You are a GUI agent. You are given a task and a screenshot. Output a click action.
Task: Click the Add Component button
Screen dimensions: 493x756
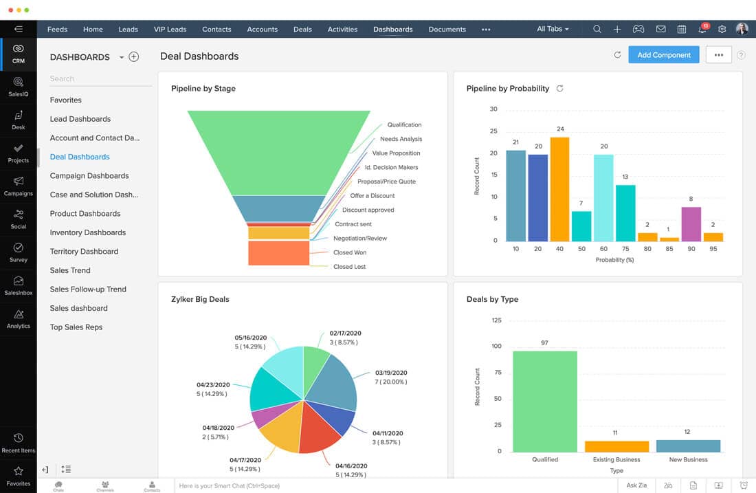click(663, 55)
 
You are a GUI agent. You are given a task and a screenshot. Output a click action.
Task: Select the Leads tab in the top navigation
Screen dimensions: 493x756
click(128, 30)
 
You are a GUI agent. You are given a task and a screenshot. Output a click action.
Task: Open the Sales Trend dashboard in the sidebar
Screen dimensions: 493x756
click(70, 270)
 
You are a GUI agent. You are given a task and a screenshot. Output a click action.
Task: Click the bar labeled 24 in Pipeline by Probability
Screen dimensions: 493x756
click(560, 189)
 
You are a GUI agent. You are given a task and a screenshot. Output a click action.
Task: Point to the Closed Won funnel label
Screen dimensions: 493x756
click(350, 252)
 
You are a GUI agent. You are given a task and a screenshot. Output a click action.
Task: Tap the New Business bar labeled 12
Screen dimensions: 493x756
click(688, 446)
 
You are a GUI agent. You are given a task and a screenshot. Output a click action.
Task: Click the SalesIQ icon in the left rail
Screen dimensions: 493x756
click(19, 87)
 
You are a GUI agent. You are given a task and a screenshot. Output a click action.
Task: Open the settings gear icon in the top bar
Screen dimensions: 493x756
click(722, 30)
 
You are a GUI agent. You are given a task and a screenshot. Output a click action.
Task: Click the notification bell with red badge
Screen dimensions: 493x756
click(702, 30)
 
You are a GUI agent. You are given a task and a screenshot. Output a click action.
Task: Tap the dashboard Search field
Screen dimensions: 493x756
click(100, 79)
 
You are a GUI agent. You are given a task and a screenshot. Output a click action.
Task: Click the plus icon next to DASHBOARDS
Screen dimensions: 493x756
click(134, 57)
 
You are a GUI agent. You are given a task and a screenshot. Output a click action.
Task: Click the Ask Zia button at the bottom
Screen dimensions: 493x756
click(636, 485)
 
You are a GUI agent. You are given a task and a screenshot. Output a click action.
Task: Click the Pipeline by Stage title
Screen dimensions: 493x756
click(203, 89)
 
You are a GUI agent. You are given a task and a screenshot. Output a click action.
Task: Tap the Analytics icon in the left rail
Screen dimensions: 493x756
click(19, 318)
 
